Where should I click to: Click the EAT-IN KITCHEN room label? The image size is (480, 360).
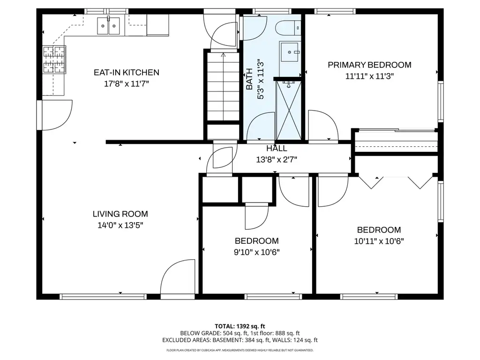coord(127,73)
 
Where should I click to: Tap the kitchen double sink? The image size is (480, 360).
coord(108,26)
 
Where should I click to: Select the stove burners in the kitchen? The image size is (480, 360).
coord(54,60)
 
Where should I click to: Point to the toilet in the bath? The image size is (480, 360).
coord(288,28)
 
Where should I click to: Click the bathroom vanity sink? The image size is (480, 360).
coord(289,52)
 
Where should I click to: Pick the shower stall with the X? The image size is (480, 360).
coord(288,110)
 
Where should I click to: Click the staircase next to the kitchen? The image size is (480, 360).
coord(223,87)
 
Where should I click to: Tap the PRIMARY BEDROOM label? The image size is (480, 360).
coord(369,65)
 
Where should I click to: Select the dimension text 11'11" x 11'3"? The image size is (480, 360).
coord(369,76)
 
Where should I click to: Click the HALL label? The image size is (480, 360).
coord(277,149)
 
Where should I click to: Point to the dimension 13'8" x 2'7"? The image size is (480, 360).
coord(277,159)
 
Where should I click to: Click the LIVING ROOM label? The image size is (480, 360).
coord(120,214)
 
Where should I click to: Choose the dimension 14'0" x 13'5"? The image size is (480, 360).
coord(120,225)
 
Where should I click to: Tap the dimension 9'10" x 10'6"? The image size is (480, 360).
coord(257,252)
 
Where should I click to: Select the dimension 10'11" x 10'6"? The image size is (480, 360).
coord(379,241)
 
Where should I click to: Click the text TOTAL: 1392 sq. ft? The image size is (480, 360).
coord(240,326)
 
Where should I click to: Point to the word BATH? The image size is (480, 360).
coord(249,79)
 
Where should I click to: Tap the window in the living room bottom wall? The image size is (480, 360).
coord(103,296)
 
